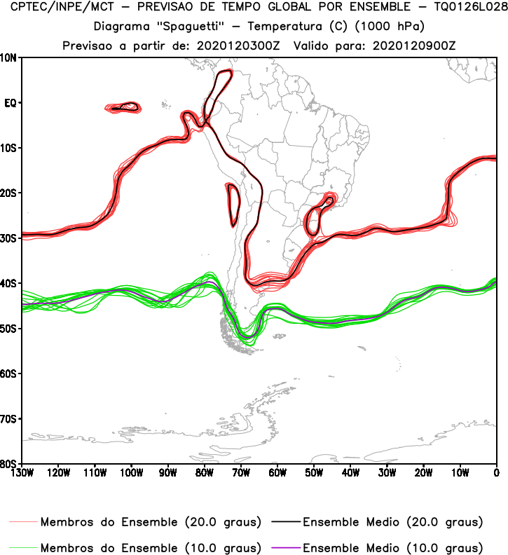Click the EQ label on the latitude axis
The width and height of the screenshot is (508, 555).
point(10,103)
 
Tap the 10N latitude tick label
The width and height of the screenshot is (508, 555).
point(8,57)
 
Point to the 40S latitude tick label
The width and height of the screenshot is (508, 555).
point(8,283)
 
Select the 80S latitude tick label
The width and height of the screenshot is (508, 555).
point(8,464)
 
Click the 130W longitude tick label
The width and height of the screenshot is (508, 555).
point(22,472)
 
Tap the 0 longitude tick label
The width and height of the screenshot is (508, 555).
point(496,472)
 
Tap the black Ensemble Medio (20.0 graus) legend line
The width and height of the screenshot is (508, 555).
point(281,522)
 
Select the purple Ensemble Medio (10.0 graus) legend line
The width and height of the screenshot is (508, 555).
point(281,547)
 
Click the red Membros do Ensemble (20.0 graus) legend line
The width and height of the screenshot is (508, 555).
point(23,522)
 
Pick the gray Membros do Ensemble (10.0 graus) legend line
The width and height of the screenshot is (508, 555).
point(23,547)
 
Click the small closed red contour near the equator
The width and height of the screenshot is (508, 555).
point(125,107)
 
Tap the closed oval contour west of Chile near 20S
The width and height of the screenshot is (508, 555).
point(233,205)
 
